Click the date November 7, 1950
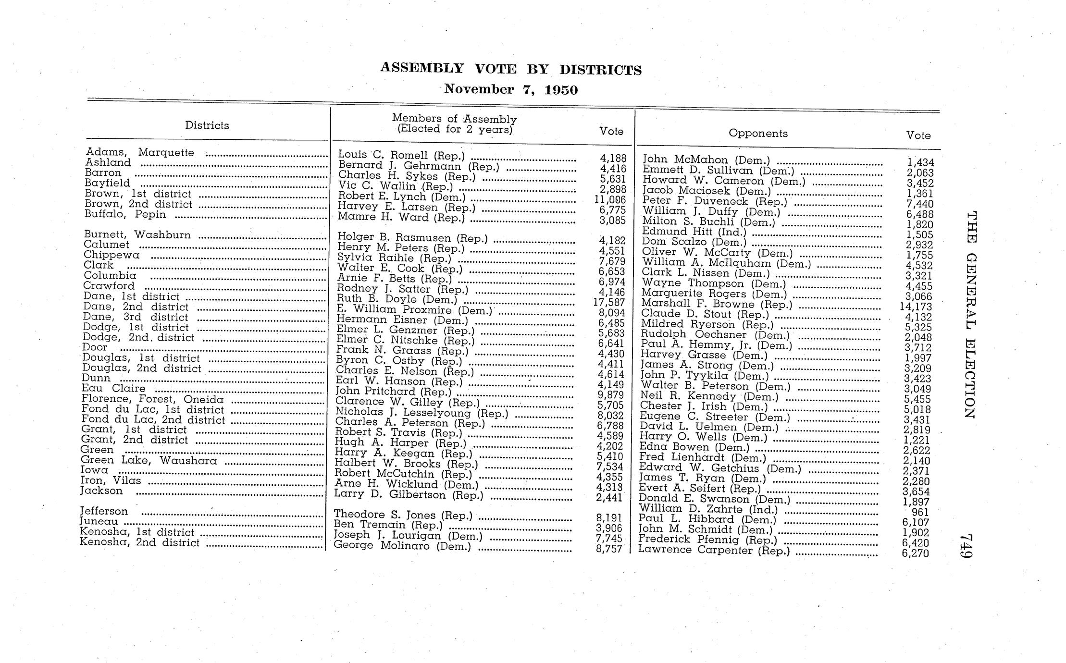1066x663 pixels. tap(511, 89)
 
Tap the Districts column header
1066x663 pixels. tap(207, 125)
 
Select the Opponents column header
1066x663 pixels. tap(758, 133)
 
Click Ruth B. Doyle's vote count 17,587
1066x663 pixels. tap(609, 302)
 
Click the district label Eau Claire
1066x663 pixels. tap(113, 389)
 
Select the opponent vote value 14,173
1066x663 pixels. tap(916, 307)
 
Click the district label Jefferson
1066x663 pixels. tap(104, 511)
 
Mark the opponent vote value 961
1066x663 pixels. tap(920, 512)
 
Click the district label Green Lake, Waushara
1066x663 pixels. tap(149, 461)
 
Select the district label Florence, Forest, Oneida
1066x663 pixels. tap(152, 399)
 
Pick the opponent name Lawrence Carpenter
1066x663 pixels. tap(714, 550)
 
